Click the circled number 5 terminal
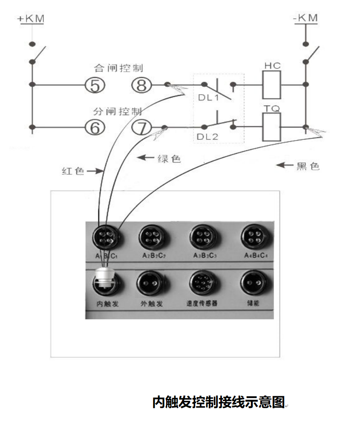point(95,85)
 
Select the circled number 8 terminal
point(141,85)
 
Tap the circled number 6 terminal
point(95,127)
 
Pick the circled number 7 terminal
point(141,127)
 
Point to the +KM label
point(31,19)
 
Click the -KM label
point(306,18)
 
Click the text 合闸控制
point(118,68)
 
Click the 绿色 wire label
point(169,159)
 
